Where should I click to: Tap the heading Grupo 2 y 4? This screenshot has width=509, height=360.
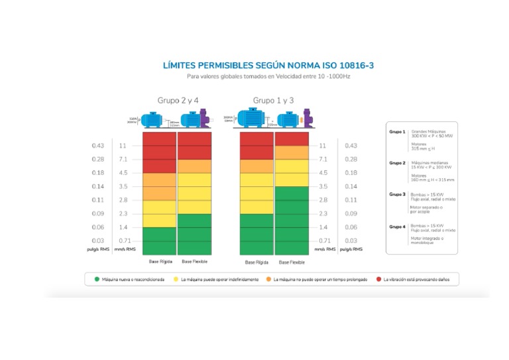coord(178,100)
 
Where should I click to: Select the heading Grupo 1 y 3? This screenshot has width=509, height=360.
coord(273,100)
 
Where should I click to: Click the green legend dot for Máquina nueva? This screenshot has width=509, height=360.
coord(97,280)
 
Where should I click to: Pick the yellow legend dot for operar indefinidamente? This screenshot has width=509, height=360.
coord(176,280)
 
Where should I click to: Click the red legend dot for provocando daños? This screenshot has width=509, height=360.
coord(379,280)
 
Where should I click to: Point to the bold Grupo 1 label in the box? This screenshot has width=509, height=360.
coord(397,132)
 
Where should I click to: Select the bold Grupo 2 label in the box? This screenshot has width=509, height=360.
coord(397,162)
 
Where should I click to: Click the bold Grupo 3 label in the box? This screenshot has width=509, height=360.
coord(397,194)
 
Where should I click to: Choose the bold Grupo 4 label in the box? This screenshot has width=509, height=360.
coord(397,226)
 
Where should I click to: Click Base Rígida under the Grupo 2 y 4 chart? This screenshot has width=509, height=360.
coord(159,262)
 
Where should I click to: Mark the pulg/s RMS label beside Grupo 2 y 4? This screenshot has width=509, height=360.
coord(97,249)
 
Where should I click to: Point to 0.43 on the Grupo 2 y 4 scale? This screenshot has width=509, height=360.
coord(98,145)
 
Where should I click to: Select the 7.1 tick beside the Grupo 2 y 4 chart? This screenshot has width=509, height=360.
coord(123,159)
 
